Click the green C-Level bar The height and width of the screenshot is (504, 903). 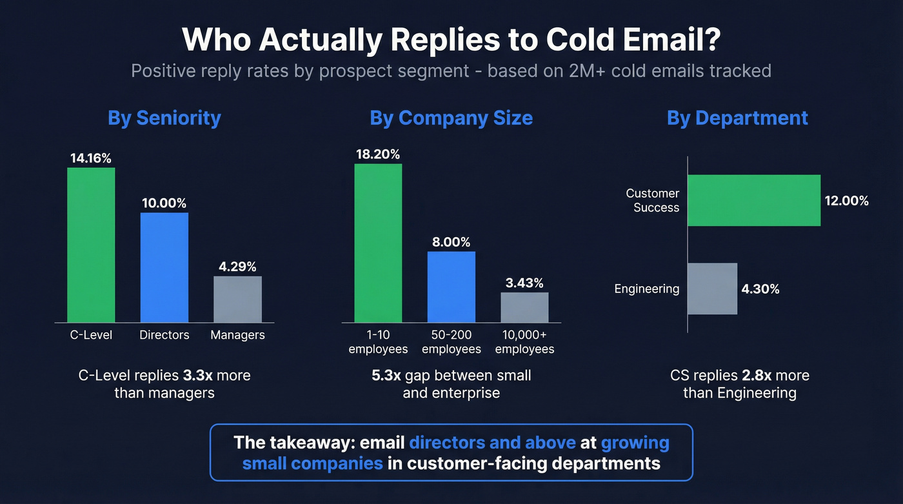pyautogui.click(x=91, y=245)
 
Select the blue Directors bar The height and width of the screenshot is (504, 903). pyautogui.click(x=164, y=267)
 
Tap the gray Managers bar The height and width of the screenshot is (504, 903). pyautogui.click(x=237, y=299)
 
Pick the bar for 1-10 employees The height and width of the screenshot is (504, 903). pyautogui.click(x=378, y=243)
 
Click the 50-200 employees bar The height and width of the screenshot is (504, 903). pyautogui.click(x=451, y=287)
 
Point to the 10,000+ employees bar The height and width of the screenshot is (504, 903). pyautogui.click(x=524, y=307)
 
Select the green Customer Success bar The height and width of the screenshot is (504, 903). pyautogui.click(x=753, y=200)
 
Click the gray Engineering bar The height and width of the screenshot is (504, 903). pyautogui.click(x=712, y=288)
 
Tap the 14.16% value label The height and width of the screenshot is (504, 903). pyautogui.click(x=91, y=157)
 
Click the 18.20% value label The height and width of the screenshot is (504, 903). pyautogui.click(x=378, y=154)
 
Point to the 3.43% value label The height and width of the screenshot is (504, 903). pyautogui.click(x=524, y=283)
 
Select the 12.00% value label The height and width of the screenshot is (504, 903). pyautogui.click(x=846, y=201)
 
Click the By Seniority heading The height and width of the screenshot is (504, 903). pyautogui.click(x=164, y=118)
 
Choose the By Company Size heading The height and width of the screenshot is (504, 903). pyautogui.click(x=451, y=118)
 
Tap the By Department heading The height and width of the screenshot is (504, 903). pyautogui.click(x=737, y=118)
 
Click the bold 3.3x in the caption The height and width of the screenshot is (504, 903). pyautogui.click(x=198, y=376)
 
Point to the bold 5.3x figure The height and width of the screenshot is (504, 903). pyautogui.click(x=386, y=376)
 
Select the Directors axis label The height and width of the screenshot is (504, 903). pyautogui.click(x=164, y=335)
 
